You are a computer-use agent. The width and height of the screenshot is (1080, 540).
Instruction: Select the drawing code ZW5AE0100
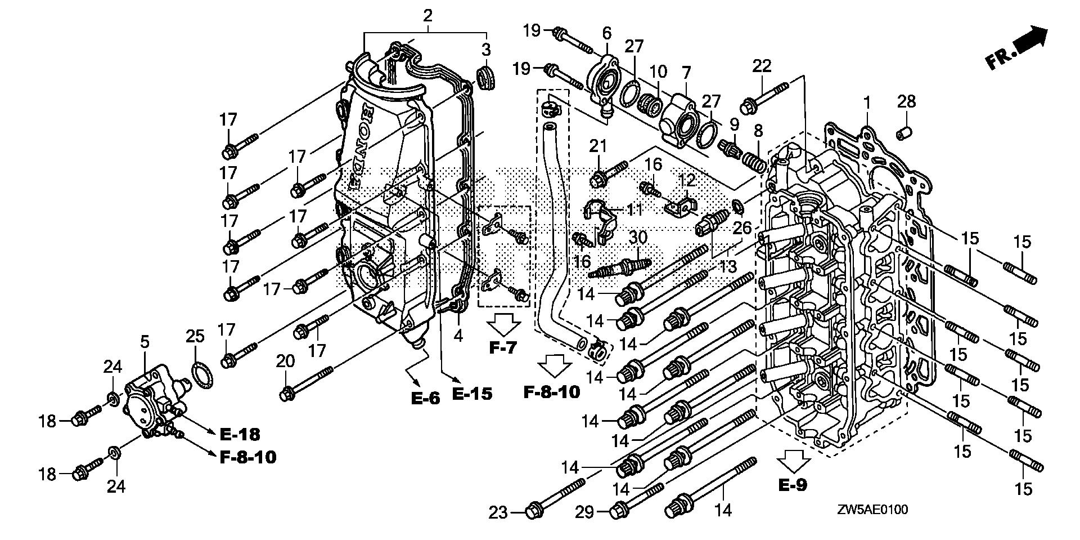coord(871,510)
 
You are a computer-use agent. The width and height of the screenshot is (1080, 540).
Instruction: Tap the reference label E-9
coord(793,484)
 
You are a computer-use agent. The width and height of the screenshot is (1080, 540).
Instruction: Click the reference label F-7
coord(502,348)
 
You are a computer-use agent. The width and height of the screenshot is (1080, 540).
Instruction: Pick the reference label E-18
coord(240,434)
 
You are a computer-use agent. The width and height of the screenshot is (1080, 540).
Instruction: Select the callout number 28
coord(906,101)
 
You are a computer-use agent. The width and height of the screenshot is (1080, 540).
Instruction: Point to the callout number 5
coord(145,341)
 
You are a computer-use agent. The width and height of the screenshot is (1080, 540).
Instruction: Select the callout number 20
coord(285,361)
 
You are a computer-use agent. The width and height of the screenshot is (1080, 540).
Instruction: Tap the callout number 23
coord(498,512)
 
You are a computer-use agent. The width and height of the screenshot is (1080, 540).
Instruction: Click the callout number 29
coord(585,512)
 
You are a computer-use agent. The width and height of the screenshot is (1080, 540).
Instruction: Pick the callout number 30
coord(638,237)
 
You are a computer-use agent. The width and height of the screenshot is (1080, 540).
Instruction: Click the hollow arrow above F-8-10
coord(554,365)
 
